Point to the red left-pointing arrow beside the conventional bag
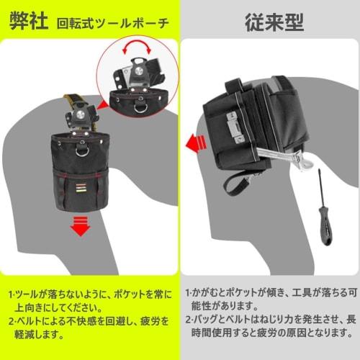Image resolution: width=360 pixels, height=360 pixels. [192, 144]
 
